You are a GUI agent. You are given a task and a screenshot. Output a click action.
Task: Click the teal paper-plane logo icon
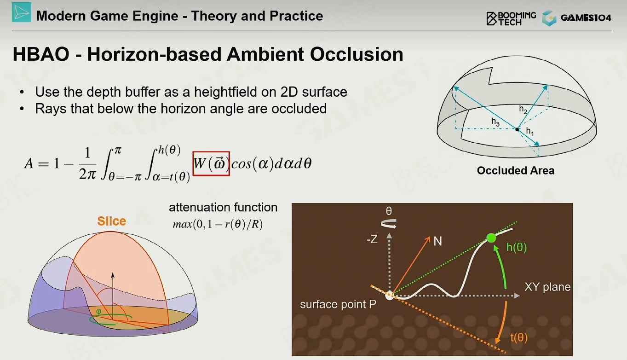22,12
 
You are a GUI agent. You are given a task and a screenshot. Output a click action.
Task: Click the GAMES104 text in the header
586,18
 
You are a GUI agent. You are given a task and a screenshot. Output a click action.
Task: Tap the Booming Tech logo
511,18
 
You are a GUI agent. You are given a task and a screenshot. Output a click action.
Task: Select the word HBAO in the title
41,54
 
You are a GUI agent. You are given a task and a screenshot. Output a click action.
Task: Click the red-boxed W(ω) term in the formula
211,164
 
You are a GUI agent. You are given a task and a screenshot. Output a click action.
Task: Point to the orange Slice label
112,221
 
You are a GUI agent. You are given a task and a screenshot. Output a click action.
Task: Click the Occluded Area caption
516,170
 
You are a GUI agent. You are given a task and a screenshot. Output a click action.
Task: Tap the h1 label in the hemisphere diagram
530,131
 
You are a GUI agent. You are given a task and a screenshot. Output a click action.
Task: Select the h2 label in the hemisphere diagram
523,109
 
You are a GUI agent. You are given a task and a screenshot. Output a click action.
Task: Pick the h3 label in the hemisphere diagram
495,122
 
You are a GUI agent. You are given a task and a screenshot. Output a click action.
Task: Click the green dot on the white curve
491,238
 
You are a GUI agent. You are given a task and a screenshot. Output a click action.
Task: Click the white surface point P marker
389,296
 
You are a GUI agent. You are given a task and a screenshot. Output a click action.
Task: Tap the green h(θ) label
517,247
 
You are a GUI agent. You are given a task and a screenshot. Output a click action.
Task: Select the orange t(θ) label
519,337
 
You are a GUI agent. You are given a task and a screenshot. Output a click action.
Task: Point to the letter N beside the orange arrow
438,241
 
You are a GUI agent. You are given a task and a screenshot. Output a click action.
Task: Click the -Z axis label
372,239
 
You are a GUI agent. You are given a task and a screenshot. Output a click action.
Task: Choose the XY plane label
547,287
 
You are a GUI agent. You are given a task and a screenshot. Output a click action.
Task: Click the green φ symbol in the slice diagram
98,311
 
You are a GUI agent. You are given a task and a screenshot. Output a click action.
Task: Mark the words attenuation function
223,207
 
